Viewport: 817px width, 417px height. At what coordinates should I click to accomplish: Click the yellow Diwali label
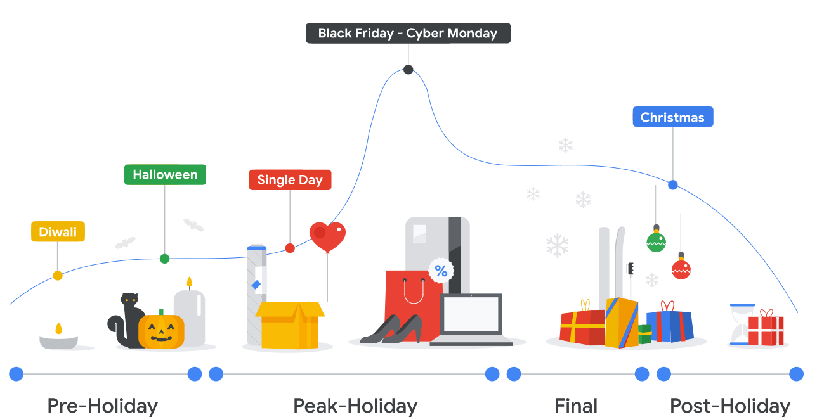pyautogui.click(x=58, y=232)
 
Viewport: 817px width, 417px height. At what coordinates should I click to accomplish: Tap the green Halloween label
pyautogui.click(x=165, y=175)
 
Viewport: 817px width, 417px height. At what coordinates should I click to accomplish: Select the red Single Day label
pyautogui.click(x=290, y=180)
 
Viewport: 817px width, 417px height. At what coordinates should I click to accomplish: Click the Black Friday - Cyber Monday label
pyautogui.click(x=408, y=34)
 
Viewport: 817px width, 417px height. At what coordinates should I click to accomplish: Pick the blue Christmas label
pyautogui.click(x=672, y=117)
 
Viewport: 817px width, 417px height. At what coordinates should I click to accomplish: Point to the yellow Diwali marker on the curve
pyautogui.click(x=58, y=276)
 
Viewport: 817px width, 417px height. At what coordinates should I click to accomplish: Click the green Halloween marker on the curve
pyautogui.click(x=165, y=259)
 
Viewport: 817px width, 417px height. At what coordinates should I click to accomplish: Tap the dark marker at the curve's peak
pyautogui.click(x=408, y=70)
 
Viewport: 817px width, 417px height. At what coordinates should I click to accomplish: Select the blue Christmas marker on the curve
pyautogui.click(x=673, y=185)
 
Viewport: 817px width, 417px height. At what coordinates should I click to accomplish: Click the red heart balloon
pyautogui.click(x=327, y=236)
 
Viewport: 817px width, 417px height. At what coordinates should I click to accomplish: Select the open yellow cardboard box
pyautogui.click(x=289, y=324)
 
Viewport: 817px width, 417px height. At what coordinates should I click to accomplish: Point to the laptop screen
pyautogui.click(x=471, y=314)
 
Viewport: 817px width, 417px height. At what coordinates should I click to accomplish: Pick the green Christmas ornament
pyautogui.click(x=656, y=241)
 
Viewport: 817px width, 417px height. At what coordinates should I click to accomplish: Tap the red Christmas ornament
pyautogui.click(x=681, y=269)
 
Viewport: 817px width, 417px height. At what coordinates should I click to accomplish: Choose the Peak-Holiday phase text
pyautogui.click(x=355, y=406)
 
